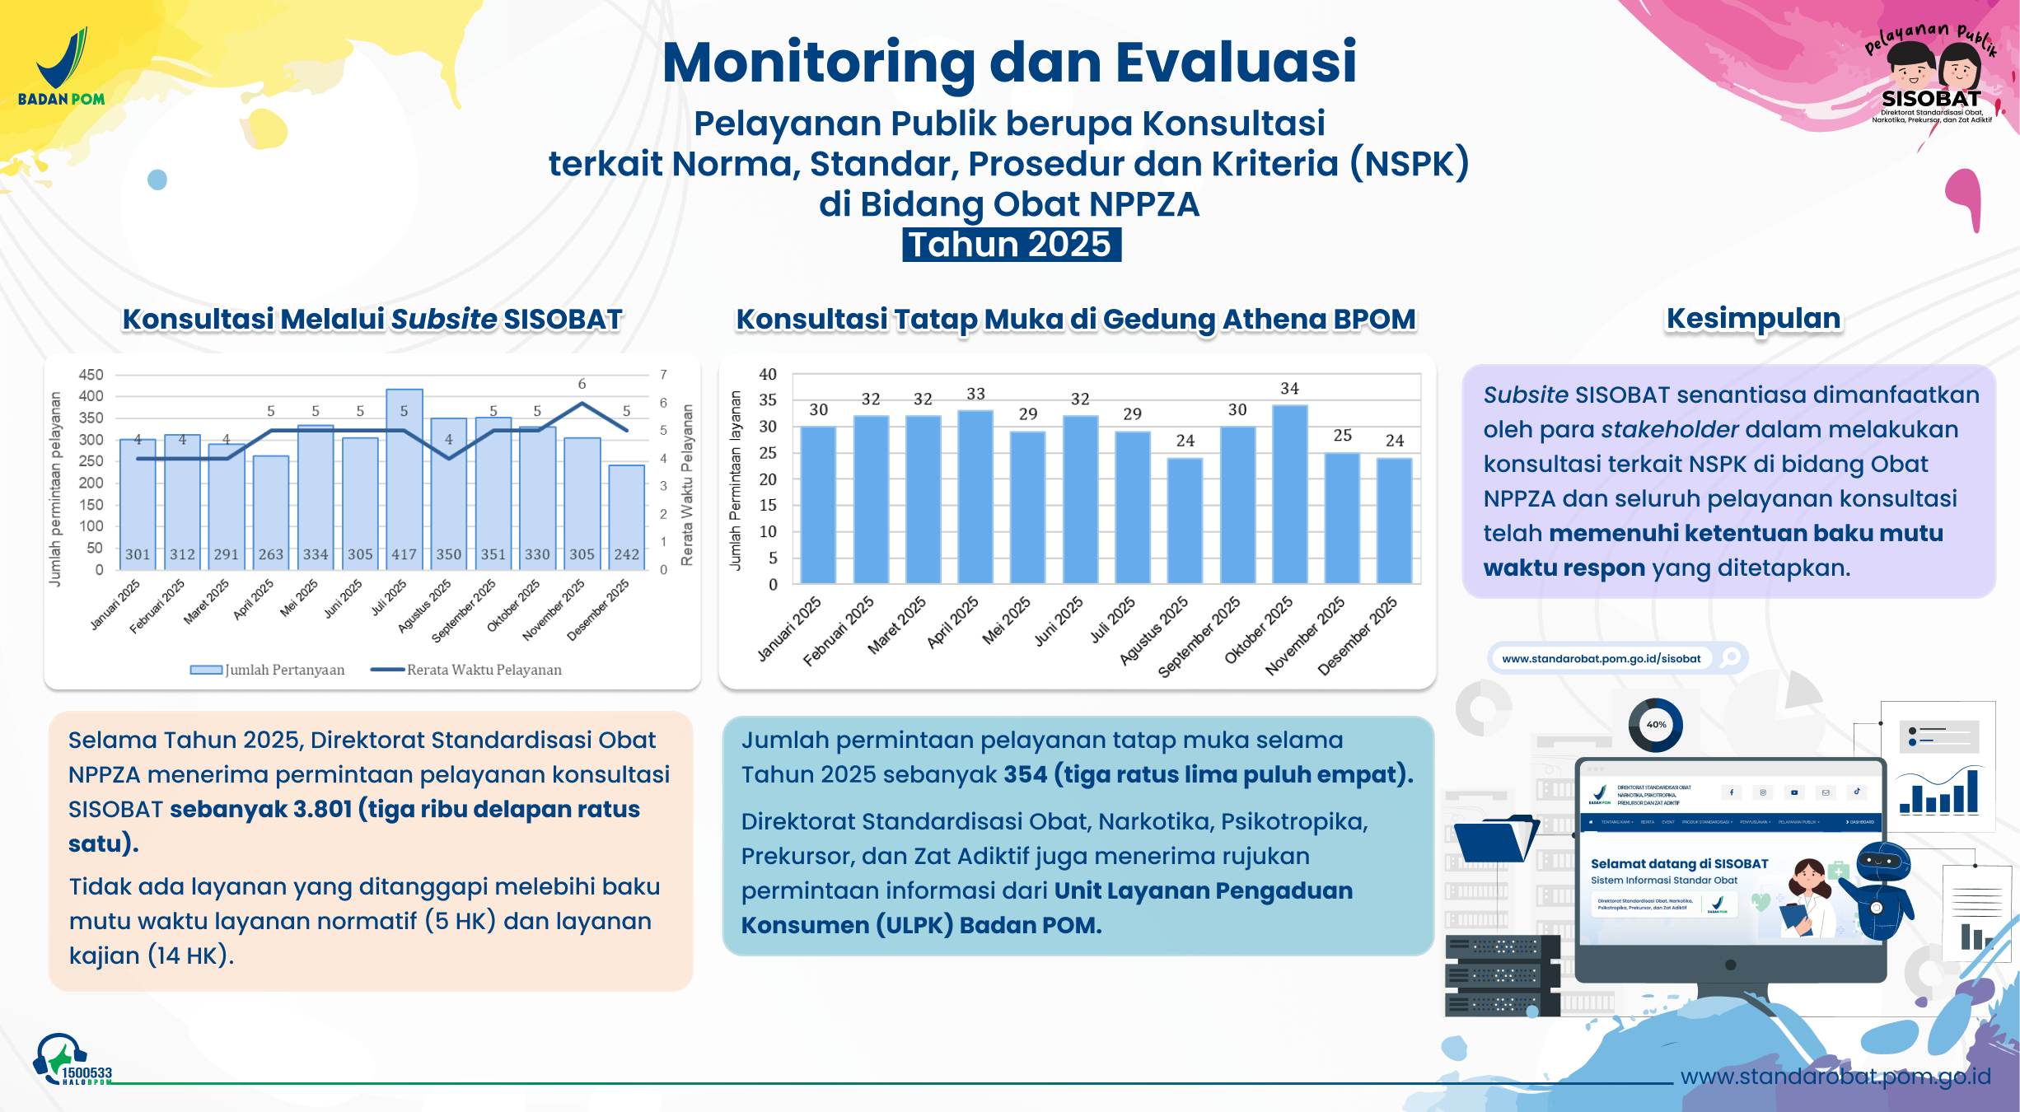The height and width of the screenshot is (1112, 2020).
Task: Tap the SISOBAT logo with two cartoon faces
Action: pyautogui.click(x=1930, y=78)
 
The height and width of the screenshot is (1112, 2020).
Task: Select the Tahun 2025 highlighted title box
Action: pyautogui.click(x=1011, y=245)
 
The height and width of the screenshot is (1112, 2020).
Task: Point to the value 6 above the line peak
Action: pyautogui.click(x=582, y=384)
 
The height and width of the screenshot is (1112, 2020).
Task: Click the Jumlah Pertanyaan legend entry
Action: pyautogui.click(x=268, y=670)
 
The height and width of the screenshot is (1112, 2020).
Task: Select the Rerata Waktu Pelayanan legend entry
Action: pyautogui.click(x=467, y=670)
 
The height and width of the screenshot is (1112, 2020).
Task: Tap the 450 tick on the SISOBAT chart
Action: pyautogui.click(x=91, y=375)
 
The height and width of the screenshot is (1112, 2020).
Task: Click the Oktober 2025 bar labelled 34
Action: pyautogui.click(x=1289, y=494)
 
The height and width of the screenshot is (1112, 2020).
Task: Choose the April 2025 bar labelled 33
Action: pyautogui.click(x=975, y=497)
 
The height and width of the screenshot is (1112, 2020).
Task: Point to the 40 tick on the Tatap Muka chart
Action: pyautogui.click(x=767, y=375)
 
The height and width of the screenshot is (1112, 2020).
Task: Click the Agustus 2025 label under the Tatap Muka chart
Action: pyautogui.click(x=1154, y=631)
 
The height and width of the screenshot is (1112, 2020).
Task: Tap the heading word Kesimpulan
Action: pyautogui.click(x=1753, y=318)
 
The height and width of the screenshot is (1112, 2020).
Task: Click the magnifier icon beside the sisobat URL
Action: pyautogui.click(x=1730, y=657)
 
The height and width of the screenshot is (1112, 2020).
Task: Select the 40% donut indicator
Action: pyautogui.click(x=1655, y=725)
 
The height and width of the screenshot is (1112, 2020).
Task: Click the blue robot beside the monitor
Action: pyautogui.click(x=1883, y=890)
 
